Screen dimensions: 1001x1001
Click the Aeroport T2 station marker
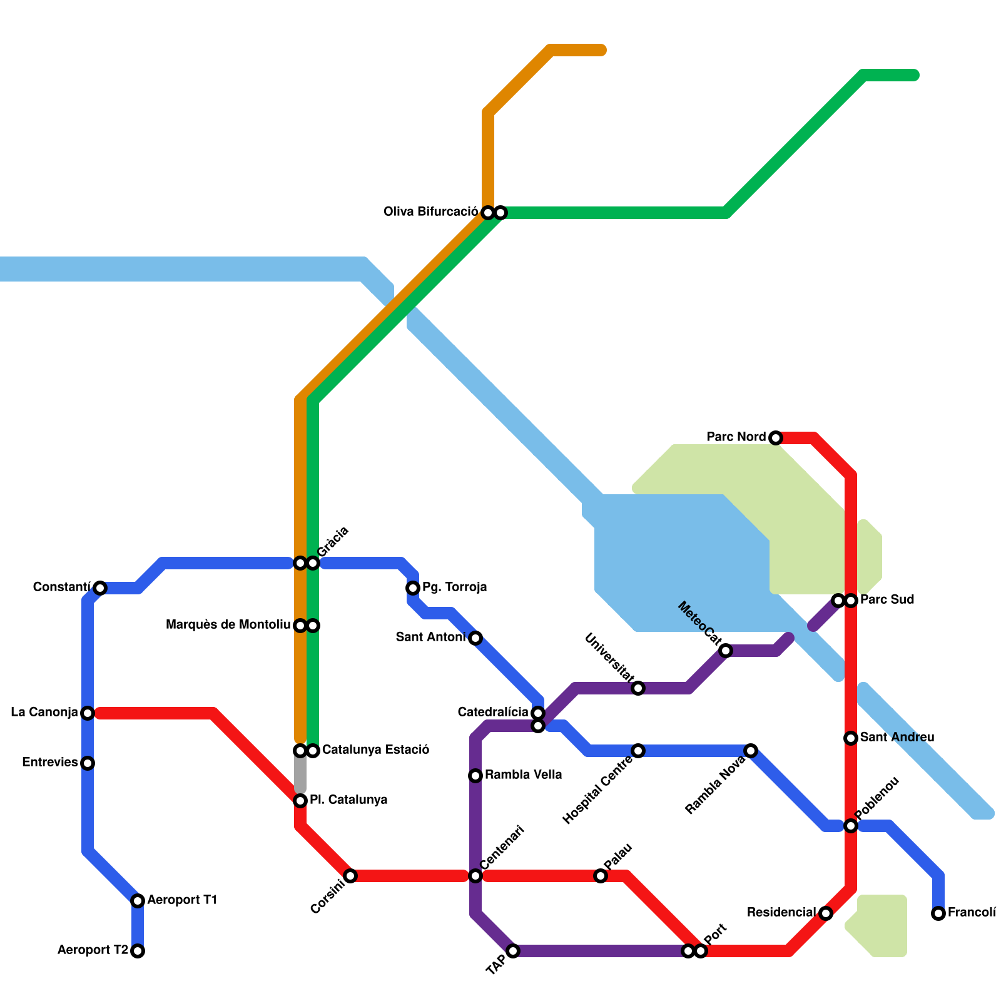[x=138, y=951]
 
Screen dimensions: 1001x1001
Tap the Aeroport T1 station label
[x=181, y=900]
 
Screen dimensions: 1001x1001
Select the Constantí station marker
[x=100, y=588]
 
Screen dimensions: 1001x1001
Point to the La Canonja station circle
[x=88, y=713]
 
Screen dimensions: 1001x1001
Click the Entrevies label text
[x=49, y=763]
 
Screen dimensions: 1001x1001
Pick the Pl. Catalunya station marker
[x=300, y=801]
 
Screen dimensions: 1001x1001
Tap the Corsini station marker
[x=350, y=876]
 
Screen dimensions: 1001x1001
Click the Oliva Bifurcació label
[x=430, y=212]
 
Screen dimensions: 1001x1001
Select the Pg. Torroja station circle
[x=413, y=588]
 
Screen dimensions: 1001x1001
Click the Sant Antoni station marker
[x=475, y=638]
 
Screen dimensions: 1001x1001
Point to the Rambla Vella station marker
[x=475, y=776]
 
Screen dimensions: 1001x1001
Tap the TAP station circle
[x=513, y=951]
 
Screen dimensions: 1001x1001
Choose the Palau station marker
[x=601, y=876]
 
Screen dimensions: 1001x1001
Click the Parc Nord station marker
[x=776, y=438]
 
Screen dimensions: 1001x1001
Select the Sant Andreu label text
[x=897, y=738]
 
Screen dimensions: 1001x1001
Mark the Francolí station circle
[x=938, y=913]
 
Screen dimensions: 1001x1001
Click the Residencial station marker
[x=826, y=913]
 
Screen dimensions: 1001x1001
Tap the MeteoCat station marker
[x=726, y=651]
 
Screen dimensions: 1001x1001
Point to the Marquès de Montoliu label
[x=228, y=625]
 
